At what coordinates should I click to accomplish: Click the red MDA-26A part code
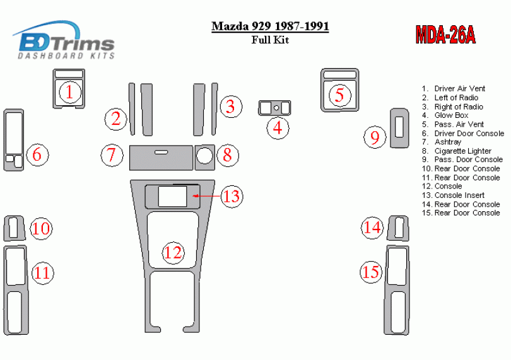[x=445, y=35]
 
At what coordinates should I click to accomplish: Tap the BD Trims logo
[x=64, y=40]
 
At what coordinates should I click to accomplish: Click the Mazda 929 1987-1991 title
[x=270, y=26]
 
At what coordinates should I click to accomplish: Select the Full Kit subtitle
[x=270, y=40]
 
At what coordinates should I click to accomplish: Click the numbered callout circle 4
[x=278, y=128]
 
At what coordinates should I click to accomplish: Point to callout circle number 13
[x=232, y=196]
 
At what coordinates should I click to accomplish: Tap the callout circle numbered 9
[x=375, y=137]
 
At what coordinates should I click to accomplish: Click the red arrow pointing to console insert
[x=207, y=196]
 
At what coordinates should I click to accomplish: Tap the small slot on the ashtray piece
[x=161, y=152]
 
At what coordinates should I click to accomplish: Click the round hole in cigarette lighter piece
[x=204, y=155]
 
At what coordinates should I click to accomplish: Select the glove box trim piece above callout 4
[x=274, y=108]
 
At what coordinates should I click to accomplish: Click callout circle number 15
[x=371, y=272]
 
